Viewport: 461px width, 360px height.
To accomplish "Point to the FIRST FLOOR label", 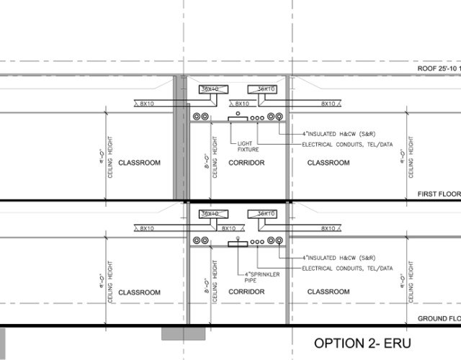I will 439,194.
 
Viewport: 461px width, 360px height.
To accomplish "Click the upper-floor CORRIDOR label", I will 246,163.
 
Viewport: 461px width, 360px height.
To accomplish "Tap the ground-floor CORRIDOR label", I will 246,292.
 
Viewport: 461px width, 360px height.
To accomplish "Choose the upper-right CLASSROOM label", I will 328,163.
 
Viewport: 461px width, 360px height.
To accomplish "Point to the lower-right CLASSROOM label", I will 328,292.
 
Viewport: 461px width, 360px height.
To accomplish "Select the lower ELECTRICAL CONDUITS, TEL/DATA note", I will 348,269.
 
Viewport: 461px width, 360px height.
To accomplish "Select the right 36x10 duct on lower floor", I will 262,214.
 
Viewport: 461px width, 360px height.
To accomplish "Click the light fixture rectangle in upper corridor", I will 237,117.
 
